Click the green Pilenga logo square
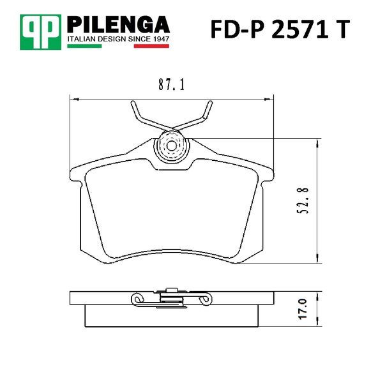(40, 32)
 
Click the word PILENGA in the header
(118, 24)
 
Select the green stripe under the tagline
(84, 46)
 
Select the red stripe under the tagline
(151, 46)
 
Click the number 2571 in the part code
(300, 29)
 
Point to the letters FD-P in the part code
(237, 29)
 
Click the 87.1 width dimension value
(171, 84)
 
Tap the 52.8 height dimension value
(303, 201)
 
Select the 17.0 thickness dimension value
(303, 309)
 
